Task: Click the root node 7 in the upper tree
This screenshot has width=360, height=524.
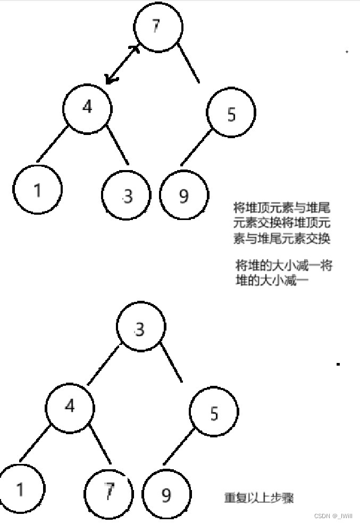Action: coord(158,28)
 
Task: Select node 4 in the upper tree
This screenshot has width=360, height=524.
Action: coord(88,108)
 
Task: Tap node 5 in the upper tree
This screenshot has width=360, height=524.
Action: coord(231,114)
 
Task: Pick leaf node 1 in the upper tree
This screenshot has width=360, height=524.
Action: coord(37,190)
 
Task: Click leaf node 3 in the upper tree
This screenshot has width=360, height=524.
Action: coord(127,196)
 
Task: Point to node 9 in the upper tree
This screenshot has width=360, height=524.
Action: coord(183,196)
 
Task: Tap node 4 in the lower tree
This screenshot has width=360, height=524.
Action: coord(70,407)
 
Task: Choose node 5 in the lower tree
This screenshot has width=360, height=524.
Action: coord(214,413)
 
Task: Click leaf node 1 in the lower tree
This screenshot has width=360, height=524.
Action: coord(20,488)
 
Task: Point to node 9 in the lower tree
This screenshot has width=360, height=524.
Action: coord(166,495)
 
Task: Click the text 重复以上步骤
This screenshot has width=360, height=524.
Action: coord(259,498)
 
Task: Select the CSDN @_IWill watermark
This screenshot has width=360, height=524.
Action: coord(333,515)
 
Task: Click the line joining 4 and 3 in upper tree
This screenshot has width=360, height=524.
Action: coord(118,145)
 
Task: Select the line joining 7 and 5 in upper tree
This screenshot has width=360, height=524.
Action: coord(189,64)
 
